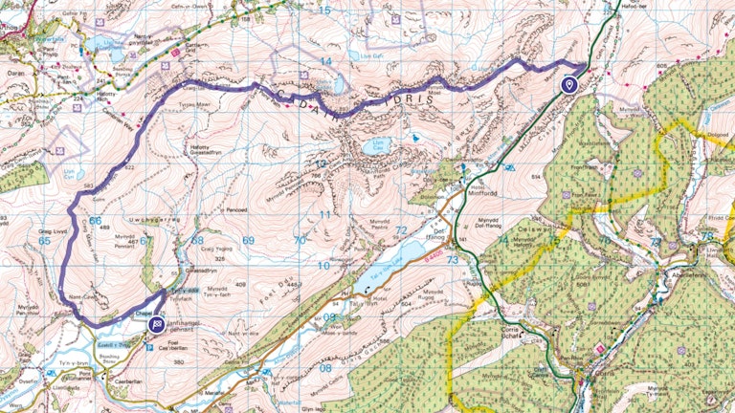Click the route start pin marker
pos(569,85)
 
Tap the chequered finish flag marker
pos(156,324)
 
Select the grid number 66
pos(95,221)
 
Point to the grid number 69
pos(249,241)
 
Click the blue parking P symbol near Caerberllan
pos(147,347)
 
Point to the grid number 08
pos(326,367)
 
